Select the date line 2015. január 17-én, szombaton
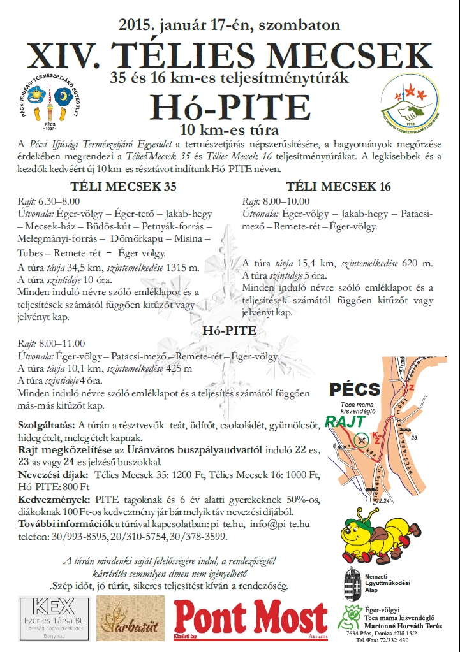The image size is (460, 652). (230, 25)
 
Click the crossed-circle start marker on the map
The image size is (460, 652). (362, 438)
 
